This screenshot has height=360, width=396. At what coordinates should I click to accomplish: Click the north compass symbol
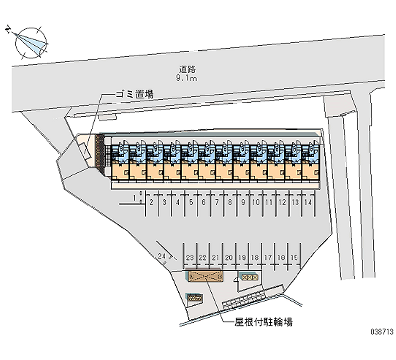[x=30, y=43]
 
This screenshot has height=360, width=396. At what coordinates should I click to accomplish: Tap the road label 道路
[x=187, y=69]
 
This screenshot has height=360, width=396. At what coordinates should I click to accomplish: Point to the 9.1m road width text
[x=187, y=78]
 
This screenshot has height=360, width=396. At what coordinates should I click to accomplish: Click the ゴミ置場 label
[x=134, y=94]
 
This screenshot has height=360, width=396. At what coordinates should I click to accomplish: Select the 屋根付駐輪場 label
[x=263, y=322]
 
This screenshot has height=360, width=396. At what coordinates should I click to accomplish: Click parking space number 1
[x=135, y=198]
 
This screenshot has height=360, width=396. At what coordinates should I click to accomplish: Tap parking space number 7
[x=217, y=202]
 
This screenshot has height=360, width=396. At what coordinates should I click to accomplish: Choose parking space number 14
[x=308, y=202]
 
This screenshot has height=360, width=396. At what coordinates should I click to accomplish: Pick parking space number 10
[x=256, y=202]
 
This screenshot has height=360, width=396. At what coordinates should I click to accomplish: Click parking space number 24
[x=162, y=256]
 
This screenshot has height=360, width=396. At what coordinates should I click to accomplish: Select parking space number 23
[x=190, y=257]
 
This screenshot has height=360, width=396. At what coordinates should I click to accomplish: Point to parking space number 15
[x=294, y=257]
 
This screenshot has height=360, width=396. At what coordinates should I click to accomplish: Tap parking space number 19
[x=242, y=257]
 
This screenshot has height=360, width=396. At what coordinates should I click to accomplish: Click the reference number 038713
[x=382, y=331]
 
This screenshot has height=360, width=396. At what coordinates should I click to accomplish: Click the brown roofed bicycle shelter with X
[x=205, y=276]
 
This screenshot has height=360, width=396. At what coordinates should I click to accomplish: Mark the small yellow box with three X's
[x=249, y=277]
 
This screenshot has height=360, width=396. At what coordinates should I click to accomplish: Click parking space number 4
[x=178, y=202]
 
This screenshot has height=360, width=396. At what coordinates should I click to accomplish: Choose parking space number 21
[x=215, y=257]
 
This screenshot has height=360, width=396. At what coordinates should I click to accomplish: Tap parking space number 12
[x=282, y=202]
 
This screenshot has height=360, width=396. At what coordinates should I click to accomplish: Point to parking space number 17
[x=268, y=257]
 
